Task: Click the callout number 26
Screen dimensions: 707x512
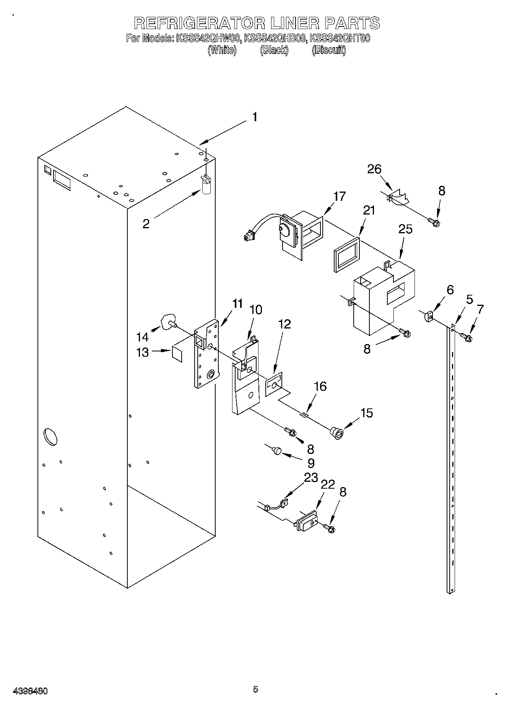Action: click(374, 169)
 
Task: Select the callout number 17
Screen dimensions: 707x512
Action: click(339, 197)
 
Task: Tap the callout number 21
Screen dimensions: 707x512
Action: click(369, 210)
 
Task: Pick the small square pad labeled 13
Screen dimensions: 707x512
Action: click(177, 353)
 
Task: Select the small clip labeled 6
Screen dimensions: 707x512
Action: click(428, 316)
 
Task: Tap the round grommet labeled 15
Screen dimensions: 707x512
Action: click(337, 432)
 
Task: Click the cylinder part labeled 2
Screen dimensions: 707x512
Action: click(206, 186)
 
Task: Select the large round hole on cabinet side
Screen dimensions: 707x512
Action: click(50, 437)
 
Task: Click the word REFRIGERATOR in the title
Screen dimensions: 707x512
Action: click(199, 23)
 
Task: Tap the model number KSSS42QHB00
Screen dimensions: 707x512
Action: click(275, 38)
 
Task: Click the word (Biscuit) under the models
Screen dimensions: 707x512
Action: click(328, 50)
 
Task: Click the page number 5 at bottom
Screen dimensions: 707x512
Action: click(255, 689)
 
